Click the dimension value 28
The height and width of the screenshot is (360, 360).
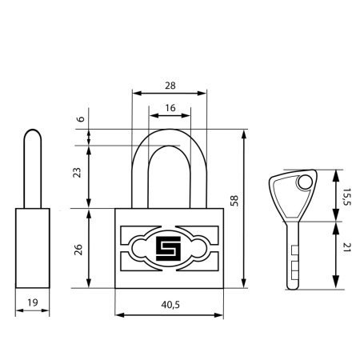point(170,86)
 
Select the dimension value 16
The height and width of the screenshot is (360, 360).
point(170,108)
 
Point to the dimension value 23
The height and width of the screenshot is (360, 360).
point(77,173)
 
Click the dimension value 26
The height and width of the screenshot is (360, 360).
point(78,250)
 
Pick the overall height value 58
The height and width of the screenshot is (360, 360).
point(234,201)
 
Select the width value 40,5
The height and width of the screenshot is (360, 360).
point(170,305)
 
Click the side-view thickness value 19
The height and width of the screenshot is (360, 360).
point(33,302)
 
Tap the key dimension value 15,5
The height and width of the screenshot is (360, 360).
point(347,197)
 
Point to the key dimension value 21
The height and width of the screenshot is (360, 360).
point(346,247)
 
